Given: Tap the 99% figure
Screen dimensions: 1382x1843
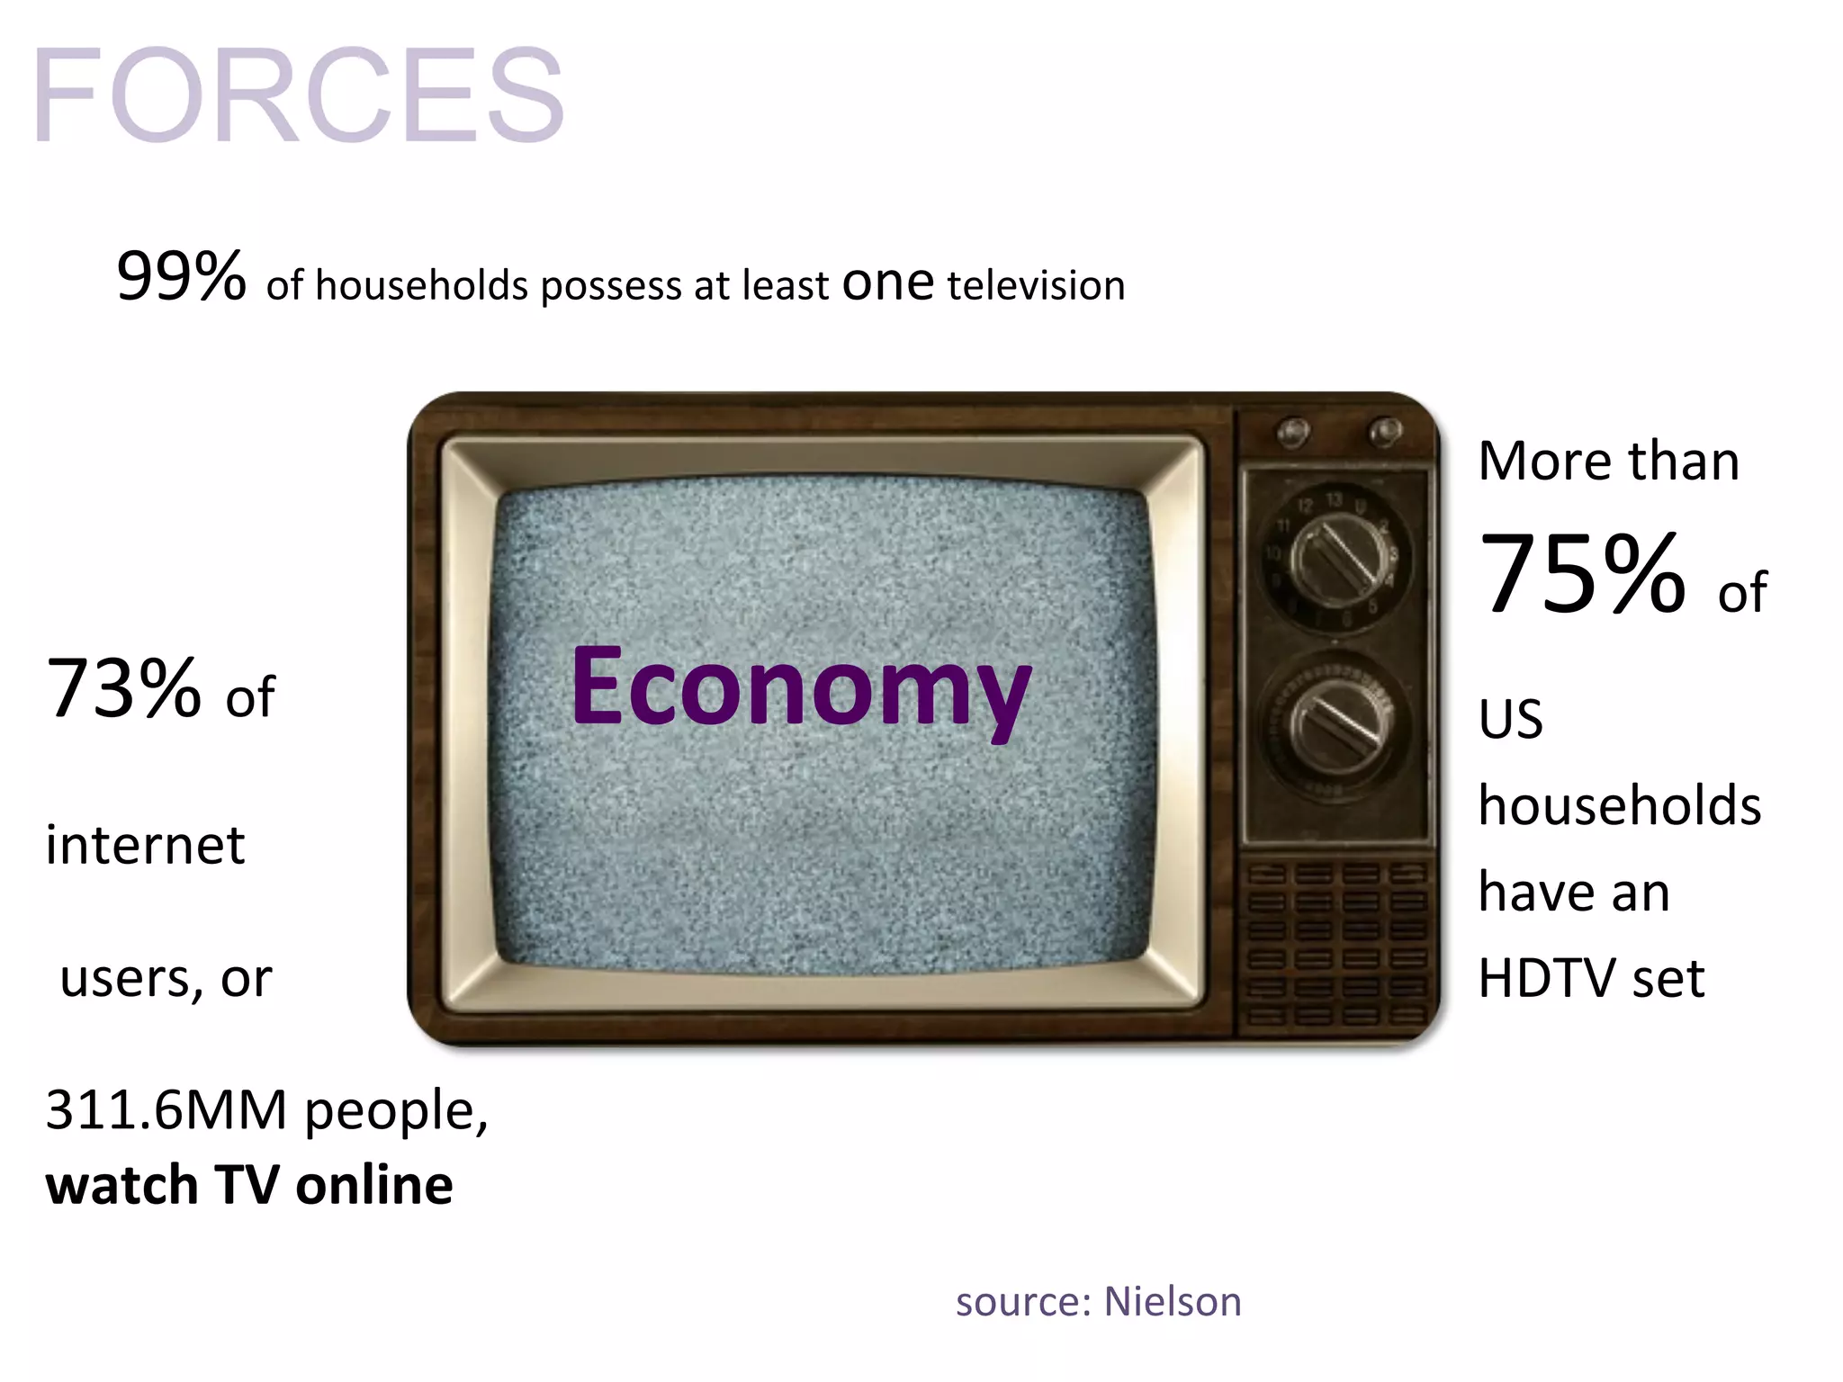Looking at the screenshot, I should tap(181, 276).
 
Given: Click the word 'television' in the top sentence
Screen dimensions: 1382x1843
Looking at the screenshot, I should tap(1036, 285).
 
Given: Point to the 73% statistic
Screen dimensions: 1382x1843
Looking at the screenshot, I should tap(123, 690).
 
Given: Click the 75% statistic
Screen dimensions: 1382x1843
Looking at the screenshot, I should tap(1582, 575).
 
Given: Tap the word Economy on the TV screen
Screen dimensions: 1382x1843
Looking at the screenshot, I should tap(800, 688).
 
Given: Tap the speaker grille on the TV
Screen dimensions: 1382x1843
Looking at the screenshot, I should tap(1335, 945).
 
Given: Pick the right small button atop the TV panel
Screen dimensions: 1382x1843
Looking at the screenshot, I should tap(1384, 431).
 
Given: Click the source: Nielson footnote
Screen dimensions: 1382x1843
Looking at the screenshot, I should tap(1098, 1302).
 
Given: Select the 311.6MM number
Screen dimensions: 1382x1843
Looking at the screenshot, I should tap(166, 1110).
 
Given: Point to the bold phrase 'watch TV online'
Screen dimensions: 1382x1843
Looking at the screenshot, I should tap(249, 1185).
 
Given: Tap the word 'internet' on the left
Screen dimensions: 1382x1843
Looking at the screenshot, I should tap(145, 846).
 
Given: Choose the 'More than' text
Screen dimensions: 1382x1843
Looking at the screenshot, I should tap(1608, 461).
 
